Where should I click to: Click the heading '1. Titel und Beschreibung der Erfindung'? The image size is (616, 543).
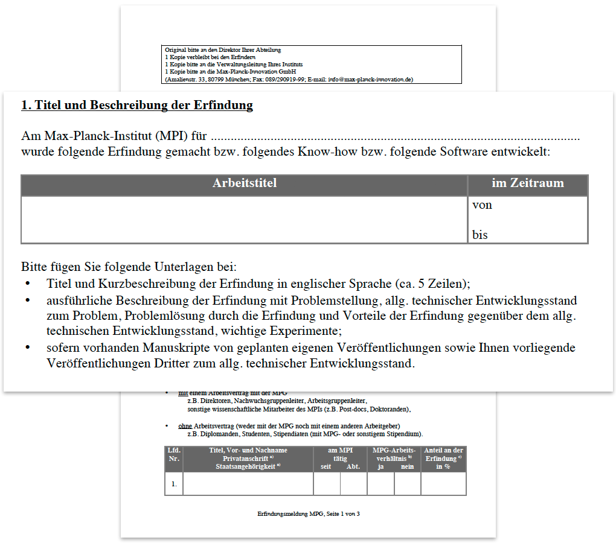click(x=136, y=106)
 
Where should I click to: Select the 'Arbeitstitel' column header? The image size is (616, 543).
click(x=245, y=183)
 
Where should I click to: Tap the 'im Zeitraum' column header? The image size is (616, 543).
click(x=527, y=183)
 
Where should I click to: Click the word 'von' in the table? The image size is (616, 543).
click(x=482, y=205)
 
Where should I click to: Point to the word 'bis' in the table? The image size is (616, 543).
click(x=480, y=235)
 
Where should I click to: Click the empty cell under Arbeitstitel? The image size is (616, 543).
click(x=245, y=220)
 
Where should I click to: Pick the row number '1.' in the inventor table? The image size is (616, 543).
click(x=174, y=484)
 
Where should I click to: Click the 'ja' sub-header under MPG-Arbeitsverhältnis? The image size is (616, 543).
click(x=381, y=466)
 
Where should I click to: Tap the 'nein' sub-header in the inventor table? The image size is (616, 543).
click(x=407, y=466)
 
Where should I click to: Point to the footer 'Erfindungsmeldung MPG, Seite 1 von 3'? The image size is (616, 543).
click(x=309, y=513)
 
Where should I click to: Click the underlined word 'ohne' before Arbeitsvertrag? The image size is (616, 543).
click(x=185, y=426)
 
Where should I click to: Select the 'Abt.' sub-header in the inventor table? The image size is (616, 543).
click(x=353, y=466)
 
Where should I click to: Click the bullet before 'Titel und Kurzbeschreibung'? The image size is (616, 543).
click(x=27, y=283)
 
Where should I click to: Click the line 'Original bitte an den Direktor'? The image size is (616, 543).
click(x=223, y=49)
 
